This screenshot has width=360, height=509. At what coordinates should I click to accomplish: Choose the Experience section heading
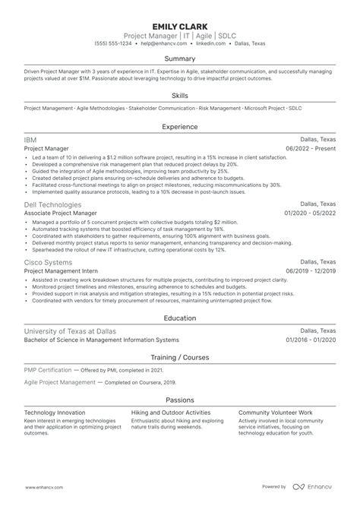(180, 126)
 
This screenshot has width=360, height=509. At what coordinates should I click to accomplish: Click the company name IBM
(31, 141)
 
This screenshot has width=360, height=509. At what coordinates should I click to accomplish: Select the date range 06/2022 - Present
(311, 150)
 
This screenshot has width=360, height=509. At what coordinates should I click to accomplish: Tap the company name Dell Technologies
(52, 204)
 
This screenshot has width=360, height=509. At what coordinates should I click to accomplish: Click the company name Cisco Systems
(49, 261)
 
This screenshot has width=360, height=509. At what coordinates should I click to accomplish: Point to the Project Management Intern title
(64, 270)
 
